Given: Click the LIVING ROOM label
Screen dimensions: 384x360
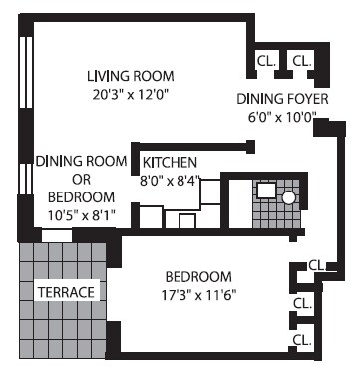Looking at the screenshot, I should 131,76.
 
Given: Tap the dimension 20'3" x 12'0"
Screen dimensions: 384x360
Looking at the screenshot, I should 131,95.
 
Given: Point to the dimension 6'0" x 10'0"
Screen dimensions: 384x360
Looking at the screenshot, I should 276,116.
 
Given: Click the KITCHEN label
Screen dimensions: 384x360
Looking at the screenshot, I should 170,162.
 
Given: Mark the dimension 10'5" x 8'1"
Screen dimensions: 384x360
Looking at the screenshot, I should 82,212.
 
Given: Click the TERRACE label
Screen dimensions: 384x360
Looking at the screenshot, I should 66,292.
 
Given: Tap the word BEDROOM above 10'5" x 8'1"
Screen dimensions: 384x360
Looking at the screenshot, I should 82,194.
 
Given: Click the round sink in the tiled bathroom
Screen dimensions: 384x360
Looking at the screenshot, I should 289,197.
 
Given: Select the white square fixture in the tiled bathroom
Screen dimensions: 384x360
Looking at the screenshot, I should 265,191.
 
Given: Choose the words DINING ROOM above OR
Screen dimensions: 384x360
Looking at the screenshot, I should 82,161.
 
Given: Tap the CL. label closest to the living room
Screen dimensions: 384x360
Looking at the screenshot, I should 266,61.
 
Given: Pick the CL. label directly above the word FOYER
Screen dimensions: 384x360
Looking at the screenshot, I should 301,61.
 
